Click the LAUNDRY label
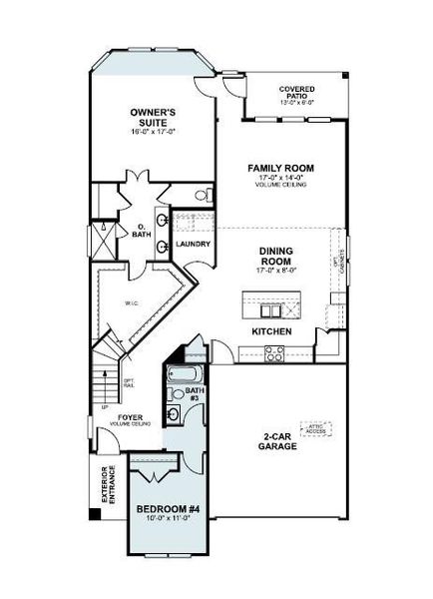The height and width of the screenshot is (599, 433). (x=191, y=243)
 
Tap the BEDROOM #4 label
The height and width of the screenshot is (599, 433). (x=169, y=509)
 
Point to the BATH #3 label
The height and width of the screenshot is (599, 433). (x=194, y=393)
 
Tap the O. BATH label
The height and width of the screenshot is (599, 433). (x=141, y=233)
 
